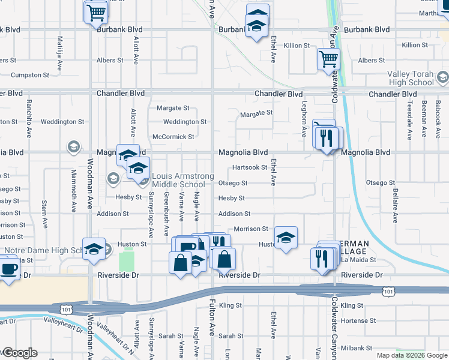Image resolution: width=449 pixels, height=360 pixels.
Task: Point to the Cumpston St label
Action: click(30, 75)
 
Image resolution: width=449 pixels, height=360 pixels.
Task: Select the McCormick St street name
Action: click(173, 137)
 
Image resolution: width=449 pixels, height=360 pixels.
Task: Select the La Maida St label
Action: click(358, 260)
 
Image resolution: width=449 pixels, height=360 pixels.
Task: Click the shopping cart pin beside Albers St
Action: click(328, 59)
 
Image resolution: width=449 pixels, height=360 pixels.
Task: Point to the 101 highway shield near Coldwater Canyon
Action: click(389, 292)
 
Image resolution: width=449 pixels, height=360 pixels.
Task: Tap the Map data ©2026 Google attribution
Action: click(411, 355)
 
